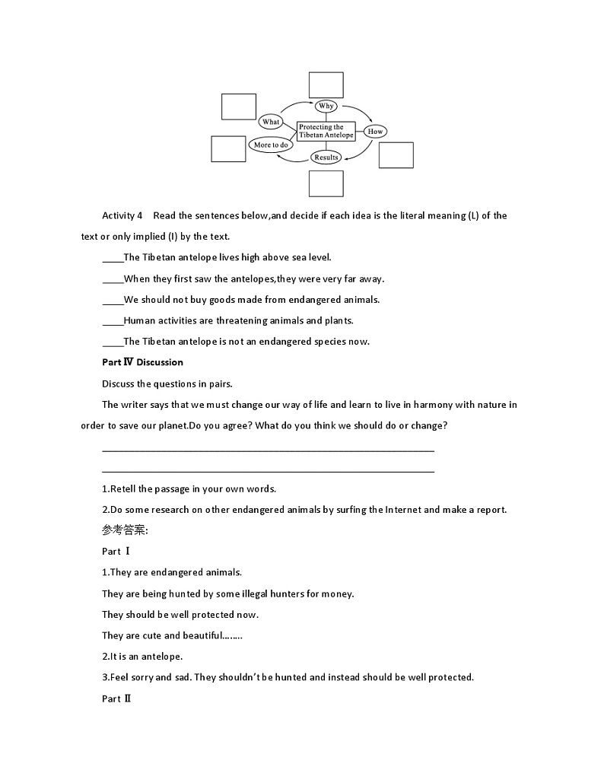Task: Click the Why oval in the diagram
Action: click(x=326, y=106)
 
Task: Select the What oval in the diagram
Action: click(x=271, y=122)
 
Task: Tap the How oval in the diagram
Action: click(x=375, y=132)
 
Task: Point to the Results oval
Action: click(x=326, y=157)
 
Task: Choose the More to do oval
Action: click(x=271, y=145)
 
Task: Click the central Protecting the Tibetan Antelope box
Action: click(x=326, y=131)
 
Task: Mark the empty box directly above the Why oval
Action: click(x=326, y=84)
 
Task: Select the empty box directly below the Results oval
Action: click(x=326, y=183)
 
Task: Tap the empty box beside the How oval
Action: click(x=396, y=155)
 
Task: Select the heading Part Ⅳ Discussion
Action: click(x=142, y=362)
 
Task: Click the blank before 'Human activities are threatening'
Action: click(x=113, y=321)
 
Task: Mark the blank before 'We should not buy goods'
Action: click(x=113, y=300)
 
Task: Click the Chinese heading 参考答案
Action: click(x=125, y=530)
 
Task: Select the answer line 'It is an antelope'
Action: click(x=142, y=657)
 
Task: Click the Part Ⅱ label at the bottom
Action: click(x=116, y=698)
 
